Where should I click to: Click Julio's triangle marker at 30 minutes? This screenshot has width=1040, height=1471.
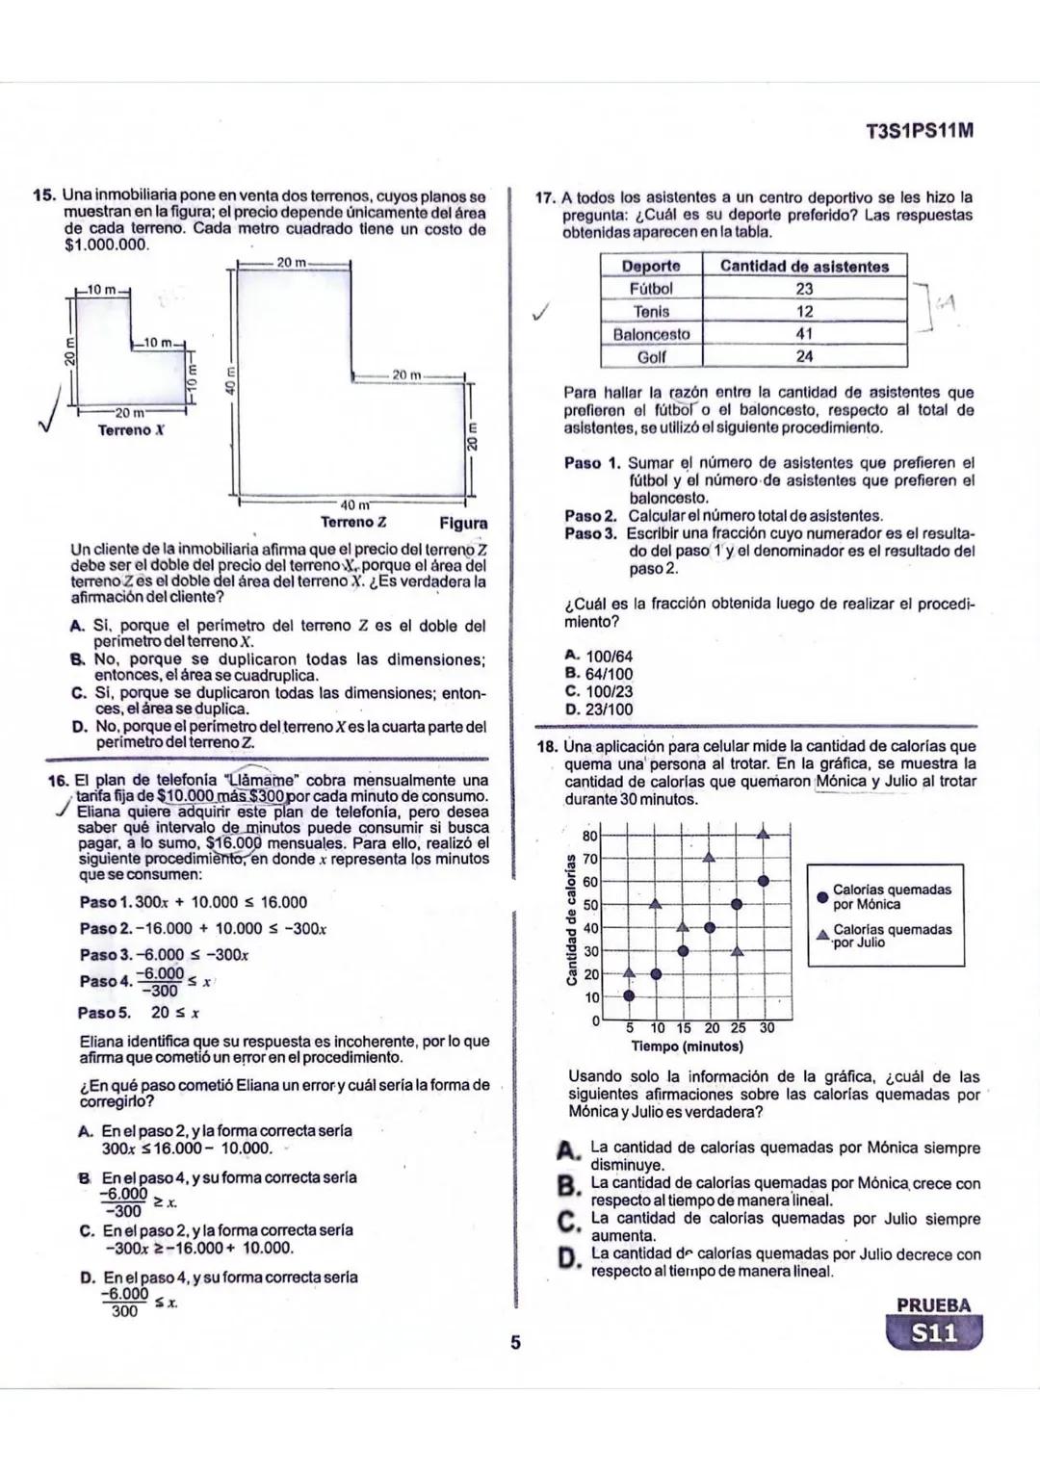[764, 835]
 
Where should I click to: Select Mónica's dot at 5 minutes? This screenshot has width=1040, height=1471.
[629, 996]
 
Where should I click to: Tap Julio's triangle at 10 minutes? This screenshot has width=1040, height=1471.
[656, 904]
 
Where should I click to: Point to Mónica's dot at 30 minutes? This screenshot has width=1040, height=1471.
[764, 880]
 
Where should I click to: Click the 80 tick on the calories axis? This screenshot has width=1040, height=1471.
[591, 835]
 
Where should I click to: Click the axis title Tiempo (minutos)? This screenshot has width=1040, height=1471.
[687, 1045]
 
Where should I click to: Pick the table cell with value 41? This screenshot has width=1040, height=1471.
[804, 333]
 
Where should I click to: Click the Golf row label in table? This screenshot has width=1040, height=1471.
[651, 356]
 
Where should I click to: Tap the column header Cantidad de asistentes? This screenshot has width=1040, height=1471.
[804, 266]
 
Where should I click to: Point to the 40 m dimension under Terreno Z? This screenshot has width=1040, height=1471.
[352, 504]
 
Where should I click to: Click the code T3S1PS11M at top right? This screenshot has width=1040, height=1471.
[919, 131]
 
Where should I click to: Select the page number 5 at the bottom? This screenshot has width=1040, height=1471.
[515, 1342]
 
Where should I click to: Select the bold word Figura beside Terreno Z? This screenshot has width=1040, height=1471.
[463, 524]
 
